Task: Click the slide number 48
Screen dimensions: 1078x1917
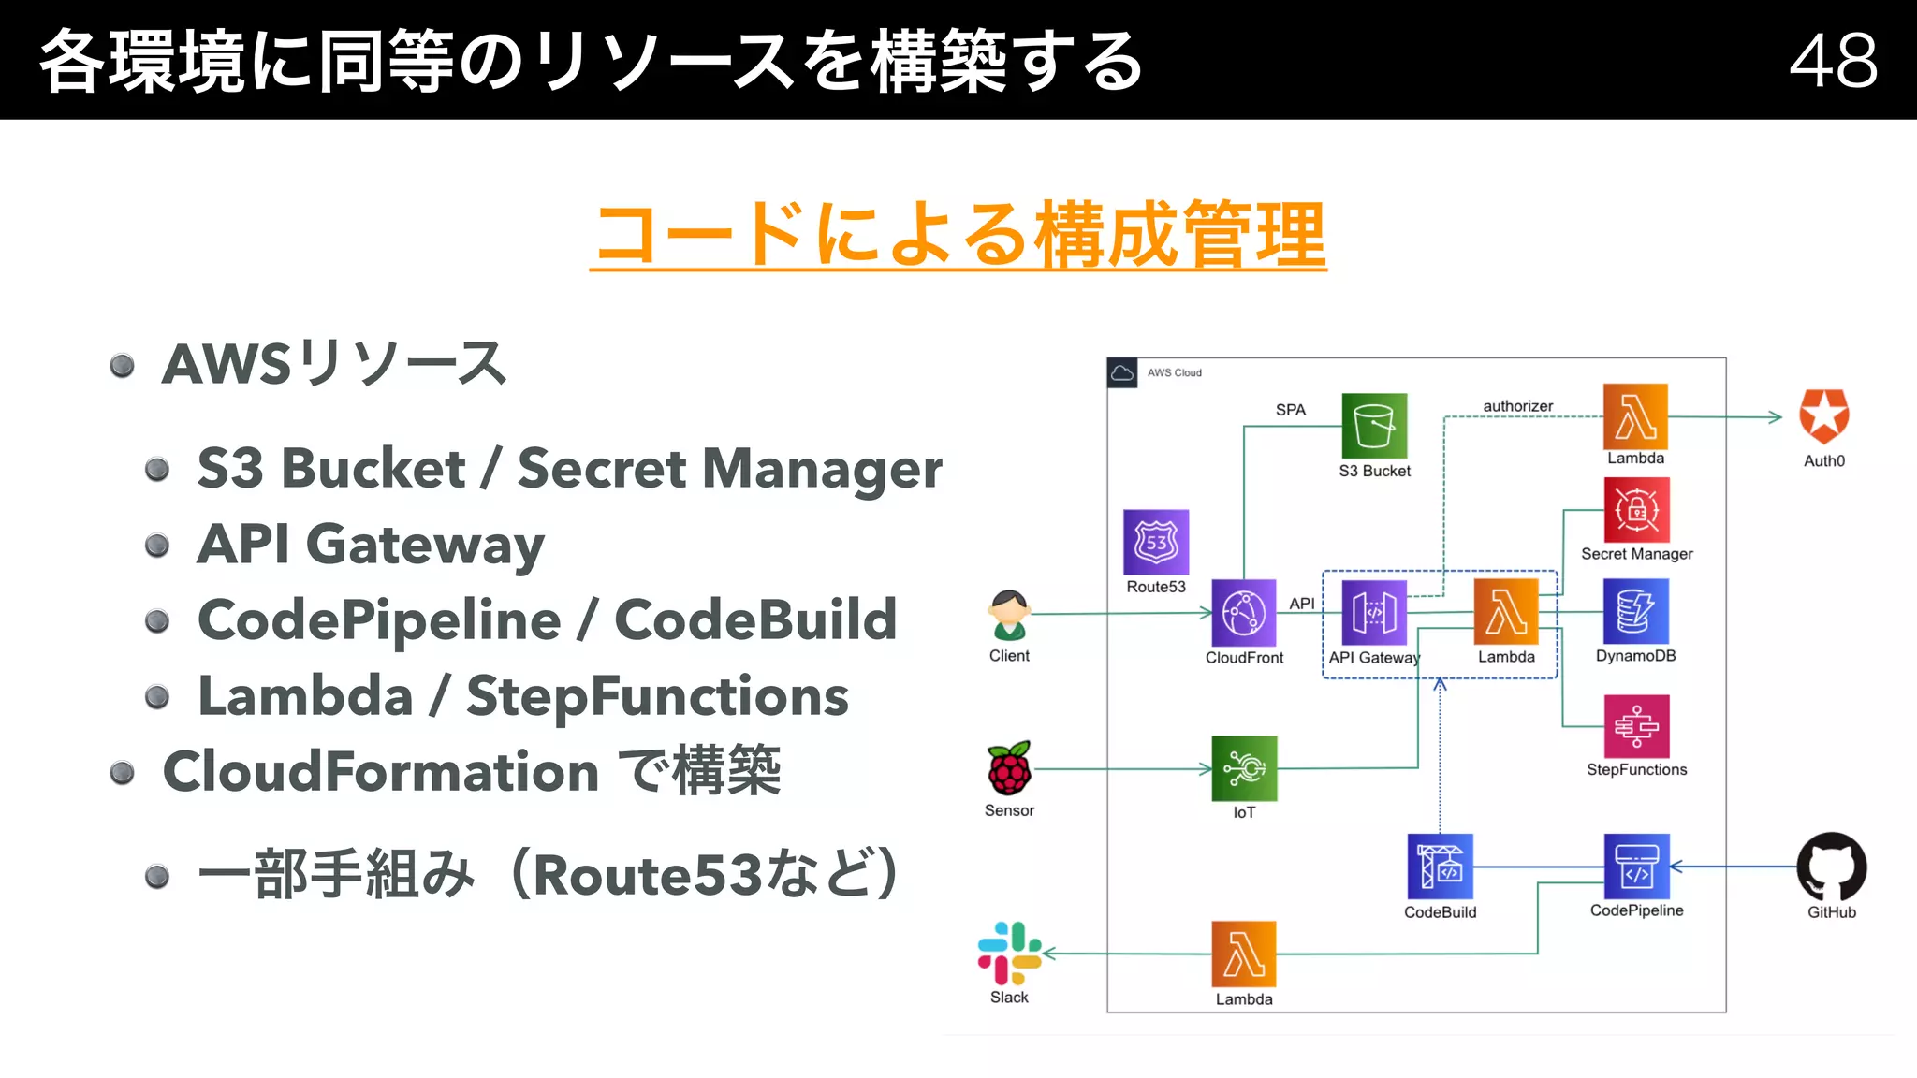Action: pyautogui.click(x=1833, y=61)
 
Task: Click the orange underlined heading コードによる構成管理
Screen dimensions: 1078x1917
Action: pyautogui.click(x=958, y=235)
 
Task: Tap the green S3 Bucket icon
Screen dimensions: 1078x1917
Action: pyautogui.click(x=1374, y=426)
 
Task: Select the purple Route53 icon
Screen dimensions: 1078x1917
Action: pyautogui.click(x=1156, y=542)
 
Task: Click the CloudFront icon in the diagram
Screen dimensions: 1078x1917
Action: pyautogui.click(x=1244, y=613)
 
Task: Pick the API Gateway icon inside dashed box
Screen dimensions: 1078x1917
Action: pyautogui.click(x=1374, y=613)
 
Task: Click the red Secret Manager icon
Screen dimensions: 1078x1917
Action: pyautogui.click(x=1636, y=511)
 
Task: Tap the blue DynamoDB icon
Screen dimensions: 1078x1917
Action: pyautogui.click(x=1635, y=611)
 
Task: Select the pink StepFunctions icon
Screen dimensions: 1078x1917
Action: pyautogui.click(x=1636, y=726)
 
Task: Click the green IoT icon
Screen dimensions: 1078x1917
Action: pyautogui.click(x=1244, y=768)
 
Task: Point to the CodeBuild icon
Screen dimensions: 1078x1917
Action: pyautogui.click(x=1440, y=867)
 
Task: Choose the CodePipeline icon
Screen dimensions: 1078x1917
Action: pyautogui.click(x=1636, y=867)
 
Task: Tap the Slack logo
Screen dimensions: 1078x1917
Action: pyautogui.click(x=1009, y=954)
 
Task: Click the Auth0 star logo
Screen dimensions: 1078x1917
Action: pyautogui.click(x=1823, y=417)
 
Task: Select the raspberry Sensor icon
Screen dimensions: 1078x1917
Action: pyautogui.click(x=1009, y=769)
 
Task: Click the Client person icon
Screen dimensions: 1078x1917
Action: pyautogui.click(x=1009, y=615)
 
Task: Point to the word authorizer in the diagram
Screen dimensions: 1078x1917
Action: pyautogui.click(x=1517, y=406)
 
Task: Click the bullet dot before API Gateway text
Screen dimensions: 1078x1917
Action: pyautogui.click(x=157, y=545)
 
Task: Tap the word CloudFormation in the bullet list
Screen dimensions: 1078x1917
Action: pyautogui.click(x=380, y=772)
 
